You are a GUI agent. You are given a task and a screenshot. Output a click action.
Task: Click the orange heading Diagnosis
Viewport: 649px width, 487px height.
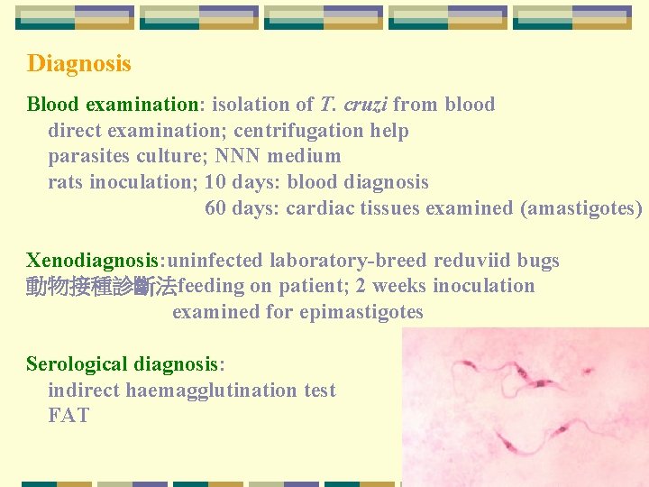pos(78,64)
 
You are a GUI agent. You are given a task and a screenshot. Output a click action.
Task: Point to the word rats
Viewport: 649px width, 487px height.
pos(66,182)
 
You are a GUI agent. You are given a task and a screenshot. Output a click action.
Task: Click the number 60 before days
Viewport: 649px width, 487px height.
pos(215,208)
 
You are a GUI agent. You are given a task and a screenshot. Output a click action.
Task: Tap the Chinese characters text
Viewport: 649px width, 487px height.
pos(101,288)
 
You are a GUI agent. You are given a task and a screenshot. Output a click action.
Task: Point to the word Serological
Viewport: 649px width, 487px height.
pos(77,364)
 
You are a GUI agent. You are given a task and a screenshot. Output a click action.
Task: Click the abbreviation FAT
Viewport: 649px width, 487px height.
pos(69,417)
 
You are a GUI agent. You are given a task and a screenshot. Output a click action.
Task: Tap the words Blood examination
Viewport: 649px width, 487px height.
pos(112,105)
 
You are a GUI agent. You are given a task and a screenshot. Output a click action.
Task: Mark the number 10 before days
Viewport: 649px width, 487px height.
pos(215,182)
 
